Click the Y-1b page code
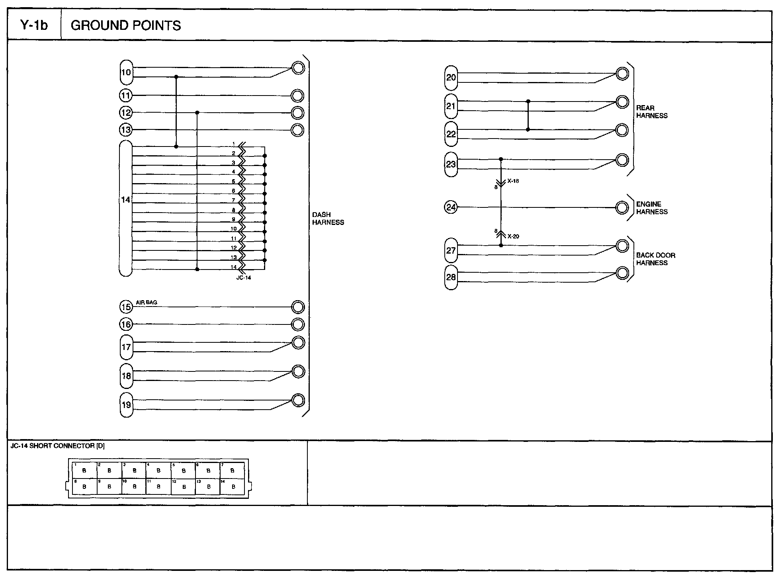[34, 25]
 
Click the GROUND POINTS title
[125, 25]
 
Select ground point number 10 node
[126, 72]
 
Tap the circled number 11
[126, 96]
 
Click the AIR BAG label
[147, 302]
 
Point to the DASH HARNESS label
[328, 219]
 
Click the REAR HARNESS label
[652, 112]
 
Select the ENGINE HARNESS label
[652, 208]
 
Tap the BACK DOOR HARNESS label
[655, 259]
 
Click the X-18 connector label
[513, 181]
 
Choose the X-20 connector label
[513, 236]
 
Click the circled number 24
[451, 207]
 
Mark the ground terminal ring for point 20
[622, 74]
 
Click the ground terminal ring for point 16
[298, 324]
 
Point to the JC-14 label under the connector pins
[243, 277]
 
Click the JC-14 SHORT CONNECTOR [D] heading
[58, 446]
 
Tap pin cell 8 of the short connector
[84, 486]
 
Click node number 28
[451, 277]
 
